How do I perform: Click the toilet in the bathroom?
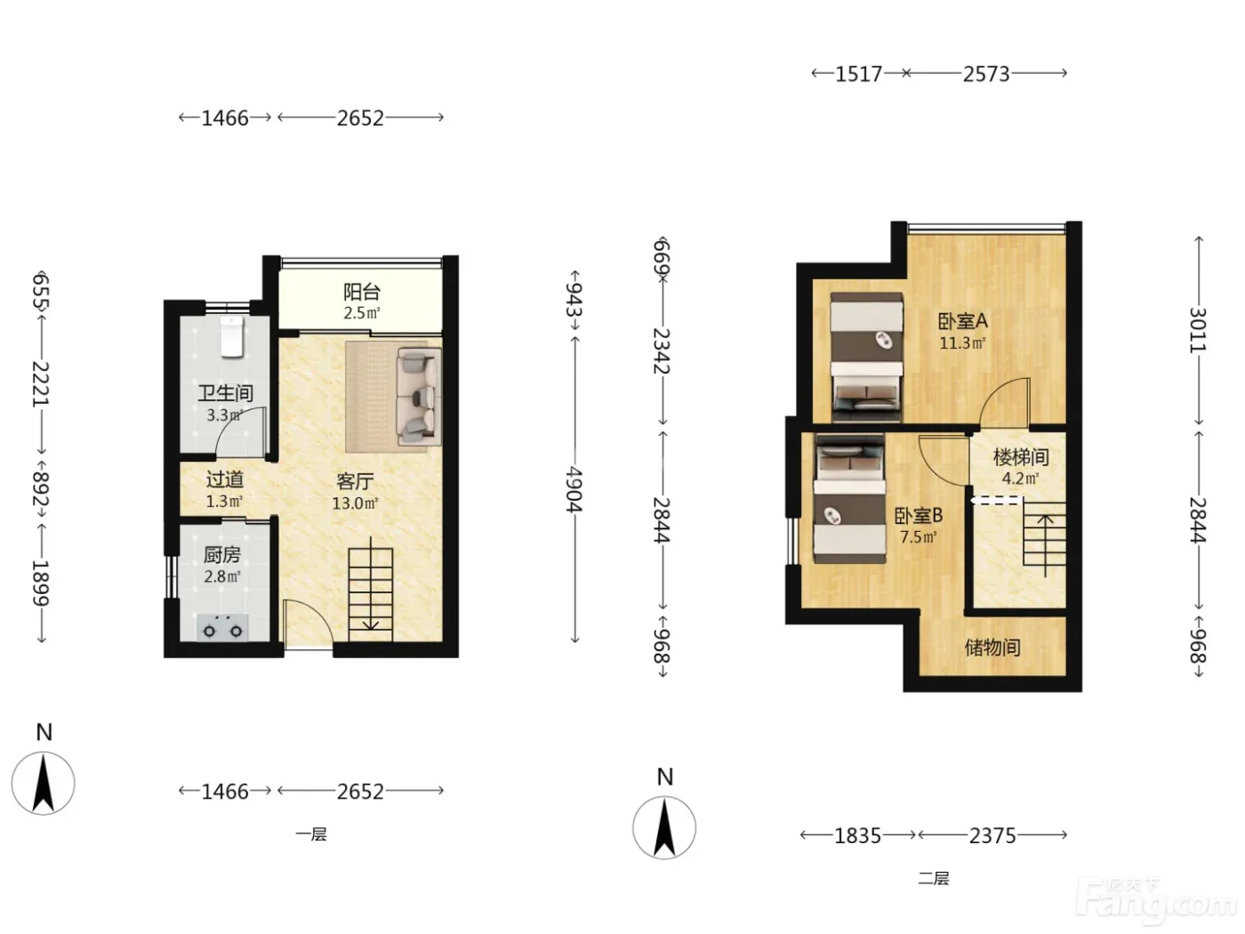click(231, 337)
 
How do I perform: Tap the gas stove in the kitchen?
click(222, 628)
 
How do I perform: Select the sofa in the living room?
click(419, 397)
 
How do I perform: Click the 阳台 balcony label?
click(361, 292)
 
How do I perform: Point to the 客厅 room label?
click(355, 481)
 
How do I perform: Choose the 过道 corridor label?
click(225, 479)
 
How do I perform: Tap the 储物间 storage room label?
click(992, 647)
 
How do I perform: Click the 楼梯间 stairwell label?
click(1021, 456)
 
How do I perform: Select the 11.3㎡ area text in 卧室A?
click(962, 343)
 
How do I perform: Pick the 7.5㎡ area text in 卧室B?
click(919, 536)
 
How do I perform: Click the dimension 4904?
click(574, 489)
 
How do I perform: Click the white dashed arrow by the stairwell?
click(997, 501)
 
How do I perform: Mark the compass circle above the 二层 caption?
click(664, 827)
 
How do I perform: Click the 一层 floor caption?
click(311, 834)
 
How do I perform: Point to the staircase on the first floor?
click(370, 591)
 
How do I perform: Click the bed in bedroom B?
click(849, 498)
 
